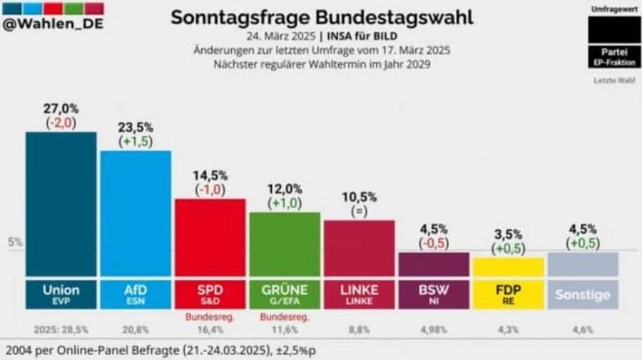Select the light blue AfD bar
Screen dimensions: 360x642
136,214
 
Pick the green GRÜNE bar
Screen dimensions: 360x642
285,244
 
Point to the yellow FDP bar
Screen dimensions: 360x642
508,267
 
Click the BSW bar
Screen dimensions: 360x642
433,264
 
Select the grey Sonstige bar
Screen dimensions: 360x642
582,264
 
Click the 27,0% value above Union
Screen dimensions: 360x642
61,108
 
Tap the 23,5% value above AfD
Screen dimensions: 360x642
136,128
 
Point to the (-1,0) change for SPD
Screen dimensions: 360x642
210,190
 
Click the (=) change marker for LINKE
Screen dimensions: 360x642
359,211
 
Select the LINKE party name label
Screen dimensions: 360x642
359,291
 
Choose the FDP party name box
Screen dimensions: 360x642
508,294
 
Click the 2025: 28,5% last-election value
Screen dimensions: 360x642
61,330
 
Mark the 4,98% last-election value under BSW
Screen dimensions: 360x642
433,330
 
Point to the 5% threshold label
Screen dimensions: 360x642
15,242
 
